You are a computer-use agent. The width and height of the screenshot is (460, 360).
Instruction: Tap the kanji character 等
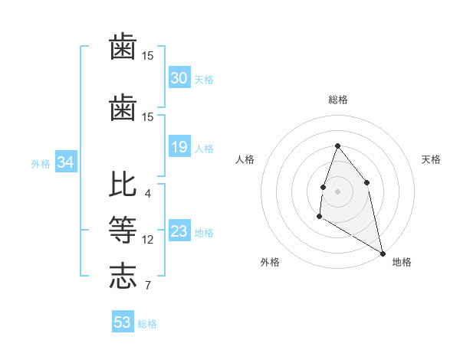tap(123, 231)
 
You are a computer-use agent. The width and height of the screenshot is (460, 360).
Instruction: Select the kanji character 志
tap(123, 276)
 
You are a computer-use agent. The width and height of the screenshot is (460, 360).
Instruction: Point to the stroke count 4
tap(147, 194)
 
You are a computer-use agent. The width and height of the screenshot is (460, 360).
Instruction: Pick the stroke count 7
tap(147, 286)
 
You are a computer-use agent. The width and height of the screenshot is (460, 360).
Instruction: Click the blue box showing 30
tap(179, 78)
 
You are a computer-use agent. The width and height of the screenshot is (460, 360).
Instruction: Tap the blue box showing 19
tap(179, 147)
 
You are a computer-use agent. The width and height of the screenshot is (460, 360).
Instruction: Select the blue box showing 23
tap(179, 231)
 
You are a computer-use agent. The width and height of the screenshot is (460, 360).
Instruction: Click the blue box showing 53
tap(123, 322)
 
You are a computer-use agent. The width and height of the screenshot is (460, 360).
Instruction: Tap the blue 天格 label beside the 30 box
tap(204, 80)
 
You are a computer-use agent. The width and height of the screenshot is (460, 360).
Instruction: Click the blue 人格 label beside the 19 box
tap(204, 149)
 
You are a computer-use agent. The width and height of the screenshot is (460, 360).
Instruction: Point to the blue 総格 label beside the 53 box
tap(147, 324)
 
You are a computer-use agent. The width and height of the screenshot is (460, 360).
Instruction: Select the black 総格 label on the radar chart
tap(337, 100)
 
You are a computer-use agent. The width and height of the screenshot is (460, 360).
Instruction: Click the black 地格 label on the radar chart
tap(402, 262)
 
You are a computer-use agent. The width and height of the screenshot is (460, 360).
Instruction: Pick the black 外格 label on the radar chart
tap(270, 262)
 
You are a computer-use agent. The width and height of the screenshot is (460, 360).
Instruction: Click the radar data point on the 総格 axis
tap(337, 146)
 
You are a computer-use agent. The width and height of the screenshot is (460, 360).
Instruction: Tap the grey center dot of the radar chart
tap(337, 191)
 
